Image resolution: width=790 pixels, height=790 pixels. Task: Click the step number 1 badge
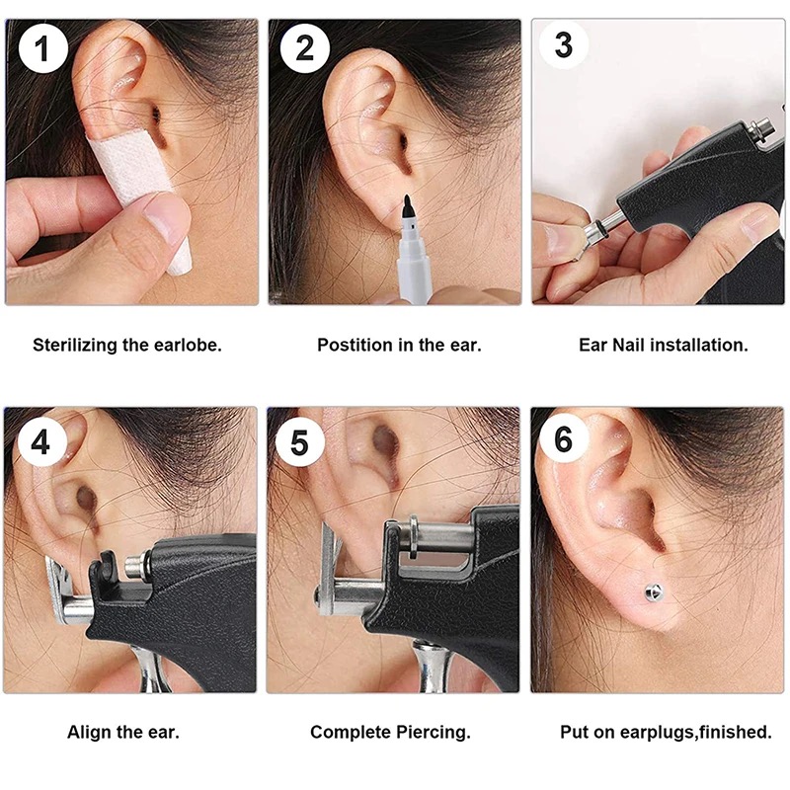click(42, 48)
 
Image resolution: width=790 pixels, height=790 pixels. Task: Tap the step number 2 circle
click(305, 48)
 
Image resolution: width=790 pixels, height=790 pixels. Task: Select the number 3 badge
click(563, 44)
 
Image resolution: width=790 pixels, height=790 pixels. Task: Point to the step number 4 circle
click(40, 442)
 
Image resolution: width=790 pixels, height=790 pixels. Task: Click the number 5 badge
click(299, 442)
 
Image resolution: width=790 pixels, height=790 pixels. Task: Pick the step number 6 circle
click(563, 438)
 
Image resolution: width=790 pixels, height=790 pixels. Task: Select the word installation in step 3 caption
click(699, 345)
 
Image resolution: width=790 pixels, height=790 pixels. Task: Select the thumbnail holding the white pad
click(164, 217)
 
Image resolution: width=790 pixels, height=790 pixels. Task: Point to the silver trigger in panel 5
click(432, 665)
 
